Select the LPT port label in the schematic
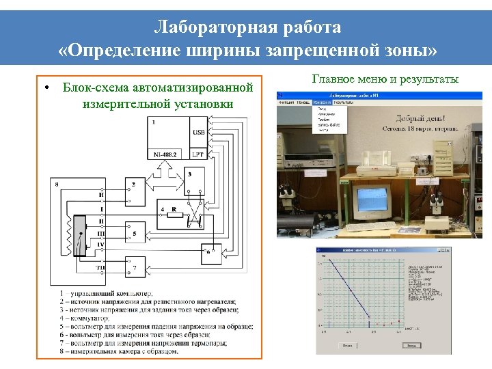pyautogui.click(x=199, y=154)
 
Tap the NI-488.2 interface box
pyautogui.click(x=165, y=154)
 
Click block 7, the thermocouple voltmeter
pyautogui.click(x=135, y=268)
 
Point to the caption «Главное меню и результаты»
pyautogui.click(x=385, y=79)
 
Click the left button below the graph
pyautogui.click(x=348, y=346)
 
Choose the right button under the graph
pyautogui.click(x=411, y=346)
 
